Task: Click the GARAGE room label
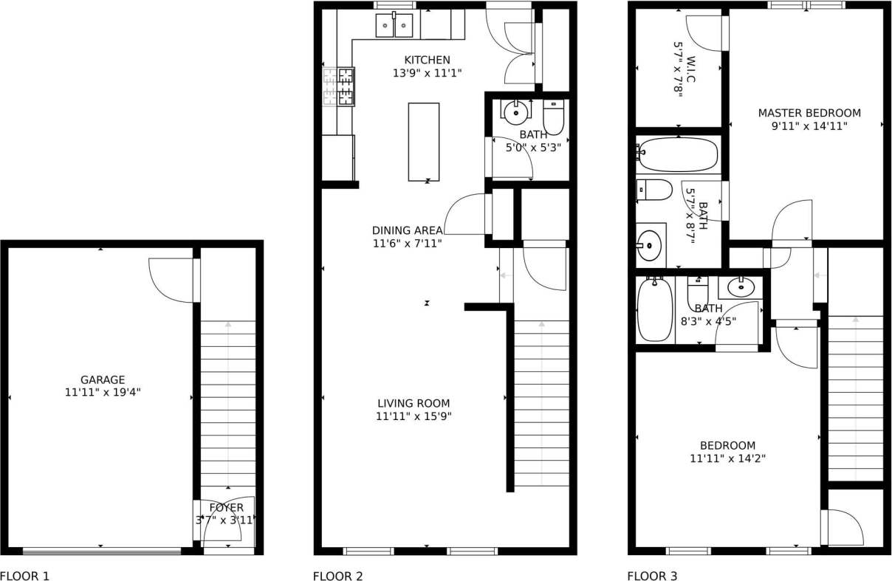(103, 380)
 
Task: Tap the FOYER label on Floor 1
(226, 508)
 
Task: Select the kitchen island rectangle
(424, 142)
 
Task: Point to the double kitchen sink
(394, 27)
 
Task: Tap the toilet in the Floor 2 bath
(553, 116)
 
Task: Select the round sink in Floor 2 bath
(515, 112)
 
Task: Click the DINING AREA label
(408, 230)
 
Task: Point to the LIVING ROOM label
(414, 403)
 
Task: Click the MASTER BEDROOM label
(809, 113)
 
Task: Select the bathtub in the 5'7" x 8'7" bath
(677, 154)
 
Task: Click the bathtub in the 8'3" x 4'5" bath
(655, 309)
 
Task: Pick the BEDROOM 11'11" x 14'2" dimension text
(727, 458)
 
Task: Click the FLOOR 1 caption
(24, 576)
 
